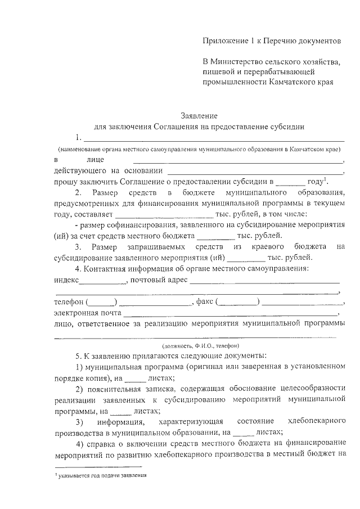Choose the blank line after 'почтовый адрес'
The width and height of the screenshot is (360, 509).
coord(264,282)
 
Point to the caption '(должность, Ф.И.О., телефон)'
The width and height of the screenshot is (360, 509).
coord(200,345)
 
